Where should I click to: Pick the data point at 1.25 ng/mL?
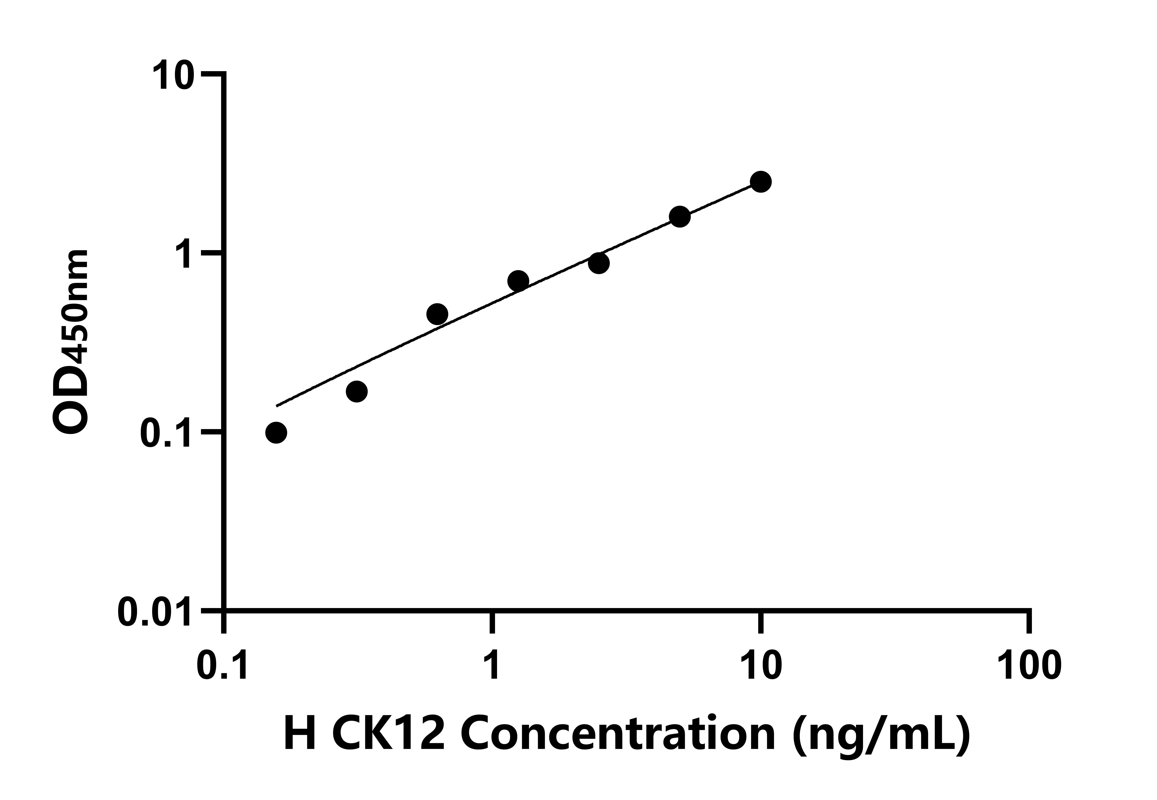pyautogui.click(x=518, y=281)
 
